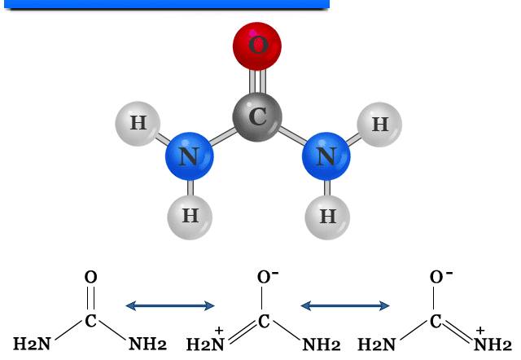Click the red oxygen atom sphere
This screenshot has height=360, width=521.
257,44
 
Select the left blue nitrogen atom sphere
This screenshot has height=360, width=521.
189,156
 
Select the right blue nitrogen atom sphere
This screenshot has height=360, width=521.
326,156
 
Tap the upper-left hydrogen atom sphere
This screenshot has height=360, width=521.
138,124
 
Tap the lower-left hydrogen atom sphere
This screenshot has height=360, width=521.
190,216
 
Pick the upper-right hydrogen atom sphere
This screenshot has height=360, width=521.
379,125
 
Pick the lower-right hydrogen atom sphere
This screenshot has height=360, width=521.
327,217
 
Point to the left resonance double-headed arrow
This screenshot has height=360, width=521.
169,305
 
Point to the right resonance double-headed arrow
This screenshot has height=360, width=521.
345,305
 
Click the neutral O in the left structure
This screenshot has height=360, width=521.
90,278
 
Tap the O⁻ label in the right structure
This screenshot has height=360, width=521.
440,278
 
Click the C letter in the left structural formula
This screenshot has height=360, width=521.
90,321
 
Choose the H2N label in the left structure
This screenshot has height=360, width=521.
31,343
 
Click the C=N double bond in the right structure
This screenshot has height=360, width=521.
460,331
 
